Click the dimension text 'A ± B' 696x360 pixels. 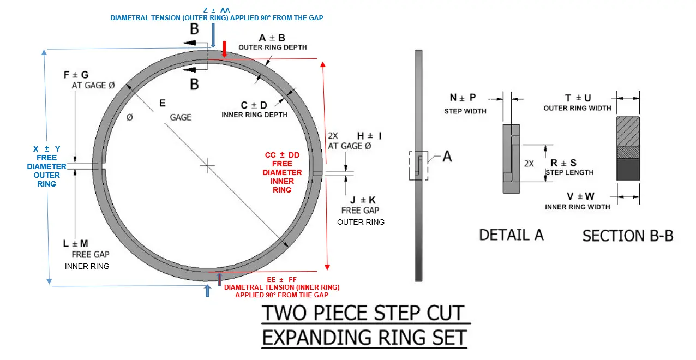pyautogui.click(x=272, y=38)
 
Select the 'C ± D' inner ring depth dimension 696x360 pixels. pyautogui.click(x=254, y=105)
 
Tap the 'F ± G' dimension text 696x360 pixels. pyautogui.click(x=76, y=75)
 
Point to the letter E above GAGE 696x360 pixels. pyautogui.click(x=162, y=103)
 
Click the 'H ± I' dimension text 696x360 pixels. pyautogui.click(x=369, y=135)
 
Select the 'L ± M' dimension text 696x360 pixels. pyautogui.click(x=75, y=243)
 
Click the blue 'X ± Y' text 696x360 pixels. pyautogui.click(x=46, y=149)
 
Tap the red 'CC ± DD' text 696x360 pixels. pyautogui.click(x=282, y=155)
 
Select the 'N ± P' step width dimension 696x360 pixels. pyautogui.click(x=463, y=98)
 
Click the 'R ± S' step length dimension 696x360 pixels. pyautogui.click(x=563, y=163)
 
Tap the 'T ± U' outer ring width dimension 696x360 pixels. pyautogui.click(x=578, y=98)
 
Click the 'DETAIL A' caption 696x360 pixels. pyautogui.click(x=511, y=235)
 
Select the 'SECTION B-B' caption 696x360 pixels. pyautogui.click(x=627, y=236)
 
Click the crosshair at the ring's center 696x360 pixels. pyautogui.click(x=207, y=165)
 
